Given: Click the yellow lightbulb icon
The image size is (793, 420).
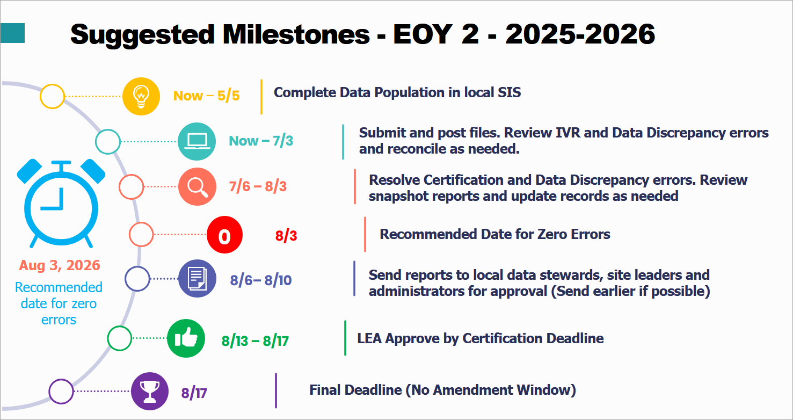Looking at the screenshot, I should pyautogui.click(x=141, y=96).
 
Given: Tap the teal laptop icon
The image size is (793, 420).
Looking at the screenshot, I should pyautogui.click(x=196, y=142).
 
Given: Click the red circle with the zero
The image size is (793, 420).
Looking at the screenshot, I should pyautogui.click(x=225, y=235).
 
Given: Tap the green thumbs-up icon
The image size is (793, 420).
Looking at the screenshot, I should pyautogui.click(x=186, y=338).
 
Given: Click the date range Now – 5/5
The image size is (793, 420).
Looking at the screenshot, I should pyautogui.click(x=206, y=96).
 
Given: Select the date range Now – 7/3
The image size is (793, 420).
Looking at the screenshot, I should pyautogui.click(x=261, y=141).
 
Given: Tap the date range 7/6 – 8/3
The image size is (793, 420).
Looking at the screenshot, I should pyautogui.click(x=258, y=187).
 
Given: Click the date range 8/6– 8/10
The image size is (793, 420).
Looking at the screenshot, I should pyautogui.click(x=261, y=280).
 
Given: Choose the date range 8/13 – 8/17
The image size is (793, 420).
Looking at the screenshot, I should pyautogui.click(x=255, y=341).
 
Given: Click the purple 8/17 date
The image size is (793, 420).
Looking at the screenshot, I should pyautogui.click(x=194, y=393).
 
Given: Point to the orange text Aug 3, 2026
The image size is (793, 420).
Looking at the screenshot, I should pyautogui.click(x=60, y=265).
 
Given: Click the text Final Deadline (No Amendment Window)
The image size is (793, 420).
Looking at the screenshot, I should pyautogui.click(x=442, y=390).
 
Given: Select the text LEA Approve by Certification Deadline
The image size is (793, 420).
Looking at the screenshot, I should pyautogui.click(x=480, y=338).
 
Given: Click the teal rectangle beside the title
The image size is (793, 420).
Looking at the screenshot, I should pyautogui.click(x=12, y=33).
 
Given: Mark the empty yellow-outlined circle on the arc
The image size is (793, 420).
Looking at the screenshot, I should pyautogui.click(x=53, y=97).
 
